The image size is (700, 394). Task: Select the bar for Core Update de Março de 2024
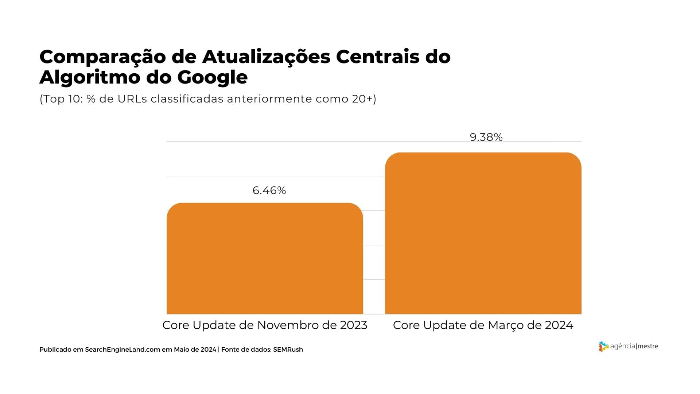point(483,233)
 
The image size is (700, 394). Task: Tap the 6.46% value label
point(269,190)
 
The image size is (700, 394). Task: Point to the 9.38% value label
point(486,137)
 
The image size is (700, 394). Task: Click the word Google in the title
point(213,77)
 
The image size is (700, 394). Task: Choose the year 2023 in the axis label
point(353,325)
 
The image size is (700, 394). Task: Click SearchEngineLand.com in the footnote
point(122,349)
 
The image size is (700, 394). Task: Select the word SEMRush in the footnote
point(288,349)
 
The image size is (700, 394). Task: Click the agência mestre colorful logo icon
point(603,346)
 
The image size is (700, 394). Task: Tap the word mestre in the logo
point(648,346)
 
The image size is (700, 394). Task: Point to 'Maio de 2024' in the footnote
point(195,349)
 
